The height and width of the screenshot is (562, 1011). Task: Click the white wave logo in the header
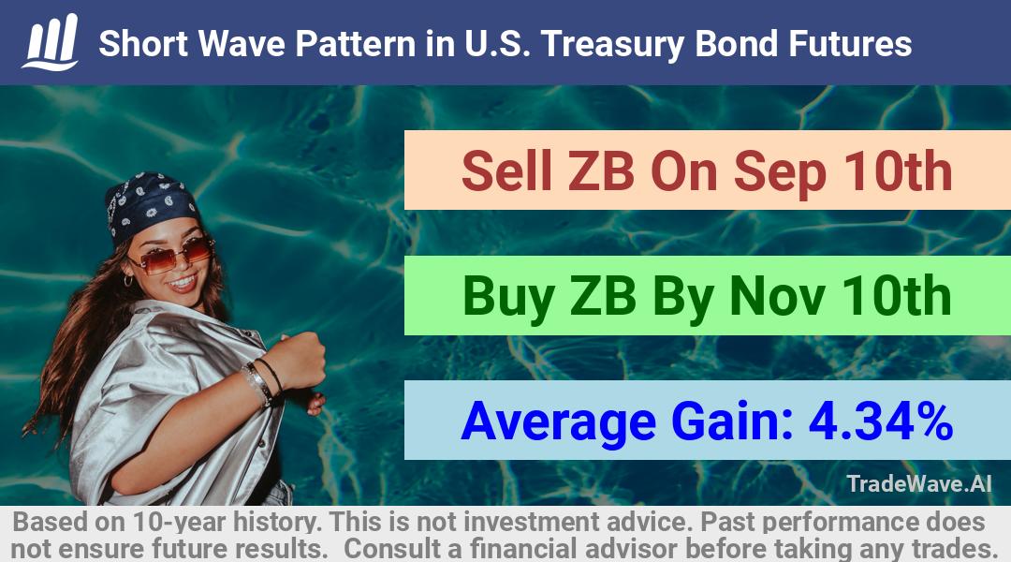coord(51,42)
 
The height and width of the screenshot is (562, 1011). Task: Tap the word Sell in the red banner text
coord(506,171)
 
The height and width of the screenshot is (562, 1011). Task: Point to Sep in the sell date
coord(780,174)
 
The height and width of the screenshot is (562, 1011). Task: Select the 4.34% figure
coord(881,421)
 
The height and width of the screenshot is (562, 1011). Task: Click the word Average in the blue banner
coord(558,422)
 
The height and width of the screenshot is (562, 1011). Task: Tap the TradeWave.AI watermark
coord(919,483)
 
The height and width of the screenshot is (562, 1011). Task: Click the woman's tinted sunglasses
coord(171,254)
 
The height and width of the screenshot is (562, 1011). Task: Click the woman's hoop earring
coord(127,280)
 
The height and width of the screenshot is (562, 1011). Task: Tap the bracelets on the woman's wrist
coord(262,381)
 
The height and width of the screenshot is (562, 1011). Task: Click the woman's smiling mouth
coord(183,282)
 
